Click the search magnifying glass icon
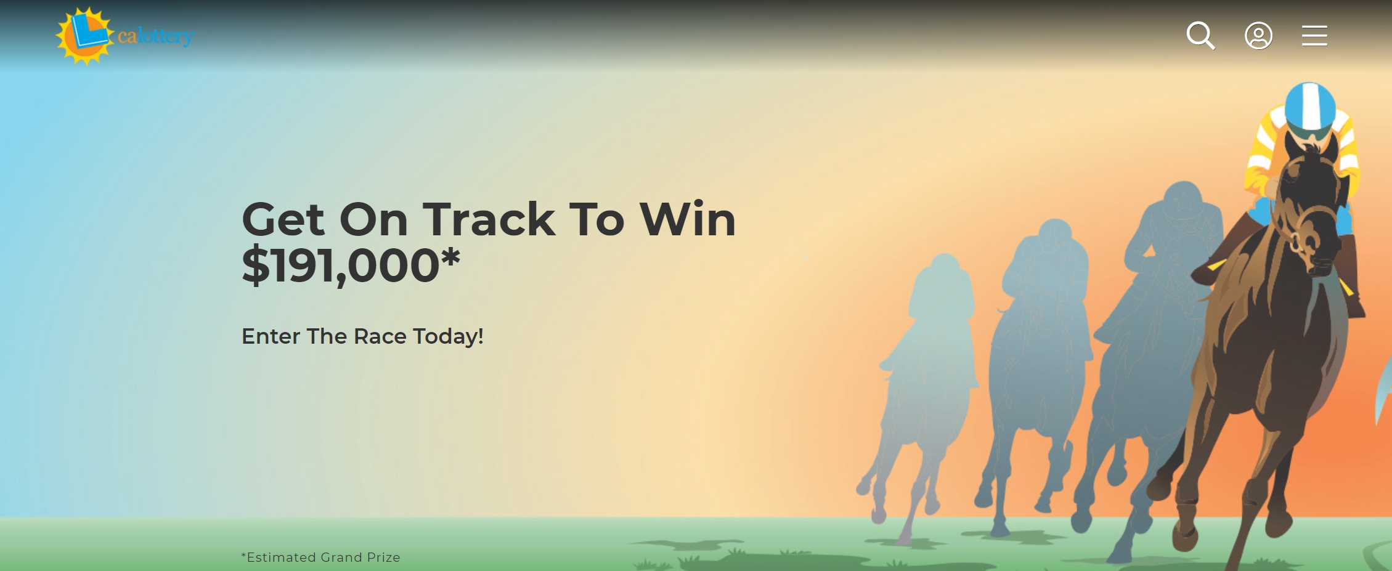click(x=1200, y=35)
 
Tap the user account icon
click(x=1258, y=36)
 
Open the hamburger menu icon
click(x=1314, y=36)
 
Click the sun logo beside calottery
click(x=85, y=36)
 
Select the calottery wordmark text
click(x=156, y=36)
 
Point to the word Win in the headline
click(x=688, y=219)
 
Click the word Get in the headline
click(x=283, y=220)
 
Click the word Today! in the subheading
click(x=448, y=337)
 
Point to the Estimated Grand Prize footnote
click(x=320, y=557)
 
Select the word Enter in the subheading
click(x=271, y=336)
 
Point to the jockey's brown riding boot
click(x=1353, y=277)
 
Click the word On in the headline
click(x=373, y=220)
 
